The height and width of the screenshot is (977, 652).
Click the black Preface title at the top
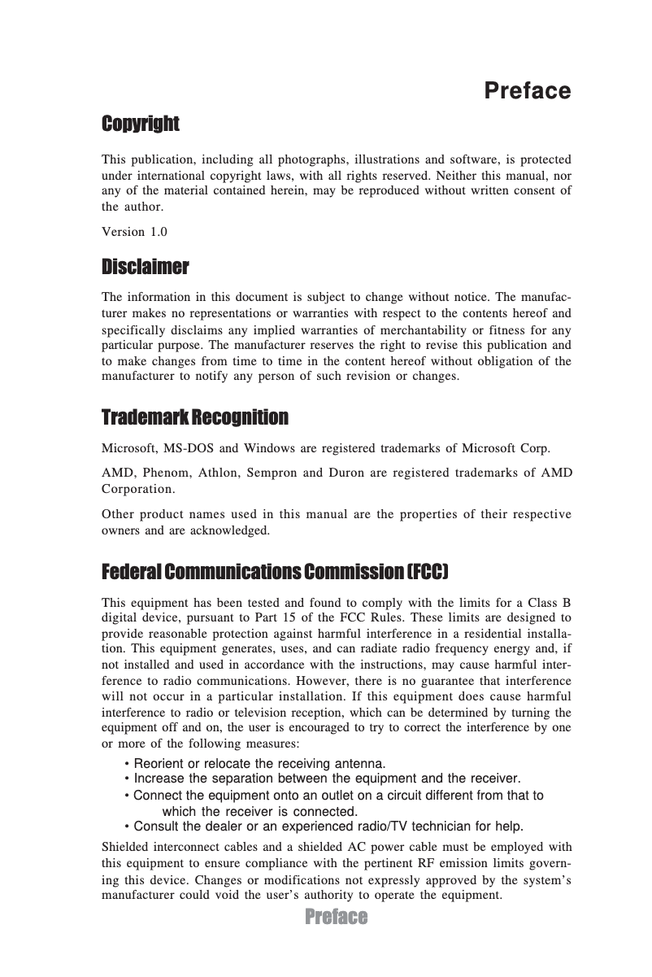[527, 90]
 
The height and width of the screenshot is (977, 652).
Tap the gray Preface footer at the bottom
[337, 918]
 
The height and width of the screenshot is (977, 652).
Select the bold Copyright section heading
[140, 124]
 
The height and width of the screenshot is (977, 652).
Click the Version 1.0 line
[134, 232]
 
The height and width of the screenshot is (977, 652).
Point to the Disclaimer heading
[145, 268]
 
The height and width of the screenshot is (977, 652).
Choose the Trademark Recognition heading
[194, 418]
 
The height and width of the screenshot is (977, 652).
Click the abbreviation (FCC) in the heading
[427, 572]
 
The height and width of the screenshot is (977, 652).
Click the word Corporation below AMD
[137, 489]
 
